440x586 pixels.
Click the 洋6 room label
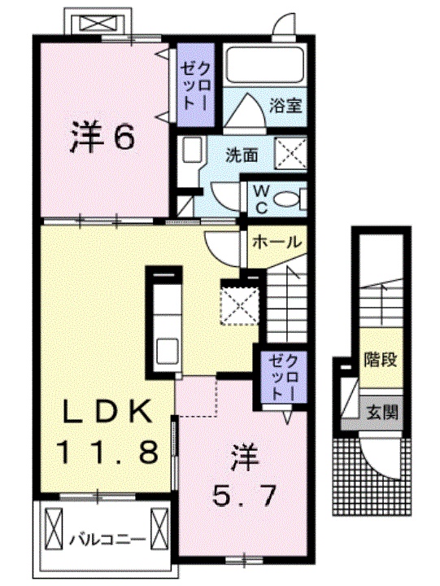102,138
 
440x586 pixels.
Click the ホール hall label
277,242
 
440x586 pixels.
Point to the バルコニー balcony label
107,538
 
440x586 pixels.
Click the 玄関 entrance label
381,412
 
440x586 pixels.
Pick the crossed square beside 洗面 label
290,153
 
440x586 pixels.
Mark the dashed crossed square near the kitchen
238,303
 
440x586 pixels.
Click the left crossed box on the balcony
54,529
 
